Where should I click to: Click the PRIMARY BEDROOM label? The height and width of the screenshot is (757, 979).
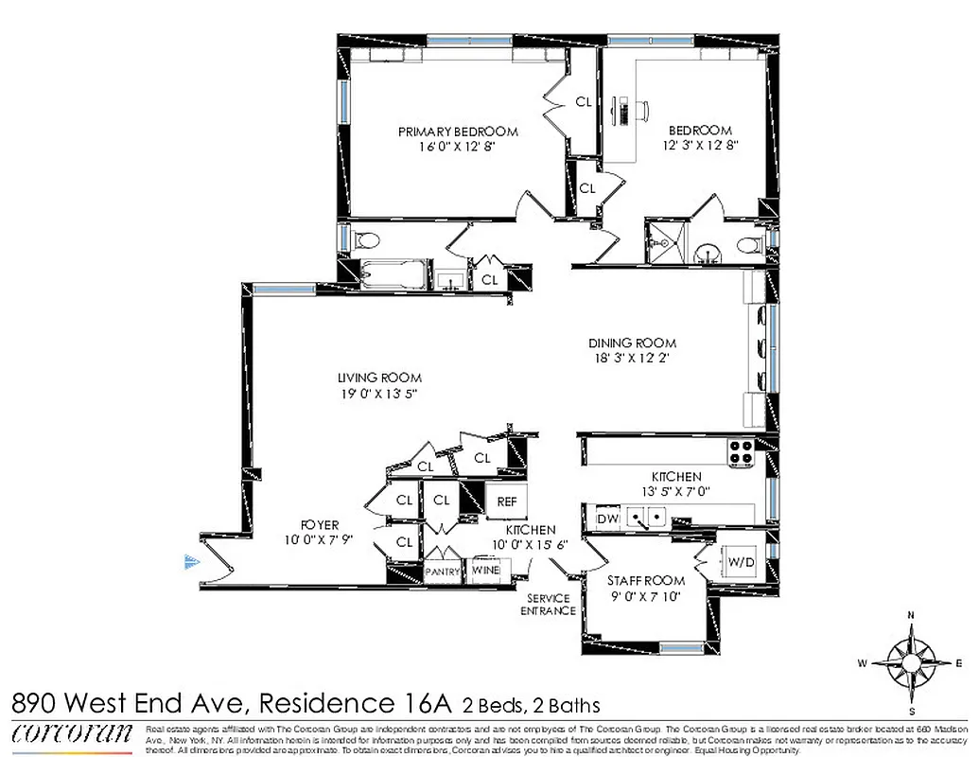click(x=458, y=132)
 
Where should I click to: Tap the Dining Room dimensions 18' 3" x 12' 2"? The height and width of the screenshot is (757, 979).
click(x=633, y=359)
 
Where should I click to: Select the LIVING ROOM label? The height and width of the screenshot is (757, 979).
click(x=379, y=377)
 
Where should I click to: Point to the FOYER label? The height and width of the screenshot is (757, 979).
click(x=320, y=525)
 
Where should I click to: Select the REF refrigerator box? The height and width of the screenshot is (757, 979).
click(x=499, y=502)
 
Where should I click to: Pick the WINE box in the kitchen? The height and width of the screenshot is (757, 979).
click(x=486, y=571)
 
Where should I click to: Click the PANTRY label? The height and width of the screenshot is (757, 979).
click(x=442, y=572)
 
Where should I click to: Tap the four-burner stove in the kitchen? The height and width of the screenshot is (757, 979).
click(x=740, y=452)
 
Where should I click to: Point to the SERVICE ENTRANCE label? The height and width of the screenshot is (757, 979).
click(x=550, y=605)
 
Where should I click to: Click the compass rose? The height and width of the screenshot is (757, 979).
click(x=911, y=662)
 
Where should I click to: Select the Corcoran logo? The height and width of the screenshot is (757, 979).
click(x=72, y=733)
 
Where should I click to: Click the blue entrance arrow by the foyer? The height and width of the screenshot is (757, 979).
click(x=192, y=562)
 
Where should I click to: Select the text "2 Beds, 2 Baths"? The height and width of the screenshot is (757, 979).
click(x=531, y=705)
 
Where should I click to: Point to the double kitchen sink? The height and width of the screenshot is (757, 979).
click(x=647, y=517)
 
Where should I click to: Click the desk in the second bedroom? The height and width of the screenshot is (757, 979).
click(x=625, y=110)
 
